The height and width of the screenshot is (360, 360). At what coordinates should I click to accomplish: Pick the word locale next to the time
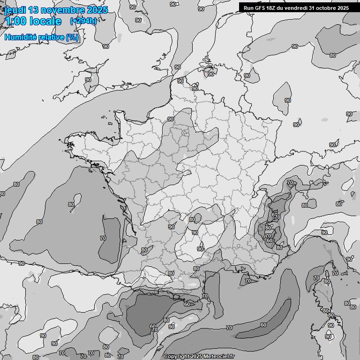(x=45, y=22)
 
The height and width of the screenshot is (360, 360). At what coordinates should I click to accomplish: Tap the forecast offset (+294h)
(x=83, y=21)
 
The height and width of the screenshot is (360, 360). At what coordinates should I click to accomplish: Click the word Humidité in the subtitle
(x=20, y=37)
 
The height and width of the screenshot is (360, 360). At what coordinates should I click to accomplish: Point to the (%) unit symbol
(x=73, y=37)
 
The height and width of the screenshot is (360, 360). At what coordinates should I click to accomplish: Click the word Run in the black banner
(x=248, y=8)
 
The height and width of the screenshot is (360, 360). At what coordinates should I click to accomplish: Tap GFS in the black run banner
(x=259, y=8)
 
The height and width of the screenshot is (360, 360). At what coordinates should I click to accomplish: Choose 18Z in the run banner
(x=270, y=8)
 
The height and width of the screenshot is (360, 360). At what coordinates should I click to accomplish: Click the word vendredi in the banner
(x=295, y=8)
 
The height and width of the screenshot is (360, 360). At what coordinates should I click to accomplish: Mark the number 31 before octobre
(x=312, y=8)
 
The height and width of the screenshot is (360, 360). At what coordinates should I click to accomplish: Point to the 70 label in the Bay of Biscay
(x=103, y=238)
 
